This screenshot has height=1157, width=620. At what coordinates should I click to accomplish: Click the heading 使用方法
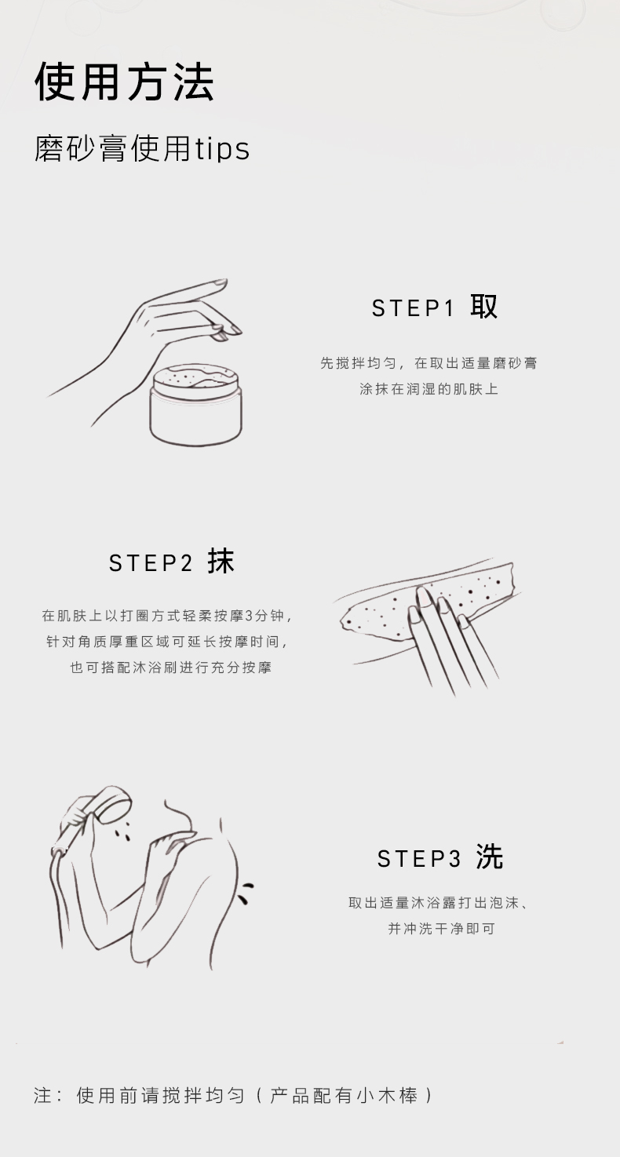pyautogui.click(x=124, y=82)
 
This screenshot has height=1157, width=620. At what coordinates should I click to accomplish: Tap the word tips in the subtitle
pyautogui.click(x=222, y=149)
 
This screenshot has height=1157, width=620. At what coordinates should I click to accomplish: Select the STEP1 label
pyautogui.click(x=412, y=308)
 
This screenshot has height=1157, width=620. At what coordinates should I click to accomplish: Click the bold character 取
pyautogui.click(x=483, y=307)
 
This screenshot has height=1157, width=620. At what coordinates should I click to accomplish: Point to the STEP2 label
pyautogui.click(x=151, y=563)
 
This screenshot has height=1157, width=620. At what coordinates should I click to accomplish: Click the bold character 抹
pyautogui.click(x=221, y=562)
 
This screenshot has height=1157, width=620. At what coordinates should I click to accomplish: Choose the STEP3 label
pyautogui.click(x=418, y=859)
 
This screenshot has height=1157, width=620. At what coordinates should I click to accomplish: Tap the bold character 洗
pyautogui.click(x=489, y=857)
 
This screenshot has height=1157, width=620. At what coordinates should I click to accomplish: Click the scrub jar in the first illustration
pyautogui.click(x=196, y=404)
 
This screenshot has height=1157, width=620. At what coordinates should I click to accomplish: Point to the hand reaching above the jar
pyautogui.click(x=155, y=341)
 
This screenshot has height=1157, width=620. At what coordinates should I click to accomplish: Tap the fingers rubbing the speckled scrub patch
pyautogui.click(x=444, y=638)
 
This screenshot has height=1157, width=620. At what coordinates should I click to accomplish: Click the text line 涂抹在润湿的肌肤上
pyautogui.click(x=429, y=389)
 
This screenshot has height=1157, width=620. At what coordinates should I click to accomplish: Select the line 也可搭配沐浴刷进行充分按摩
pyautogui.click(x=171, y=668)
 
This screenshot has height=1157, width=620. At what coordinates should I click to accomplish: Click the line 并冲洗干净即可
pyautogui.click(x=442, y=929)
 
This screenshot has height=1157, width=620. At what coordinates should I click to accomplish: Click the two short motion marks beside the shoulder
pyautogui.click(x=245, y=893)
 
